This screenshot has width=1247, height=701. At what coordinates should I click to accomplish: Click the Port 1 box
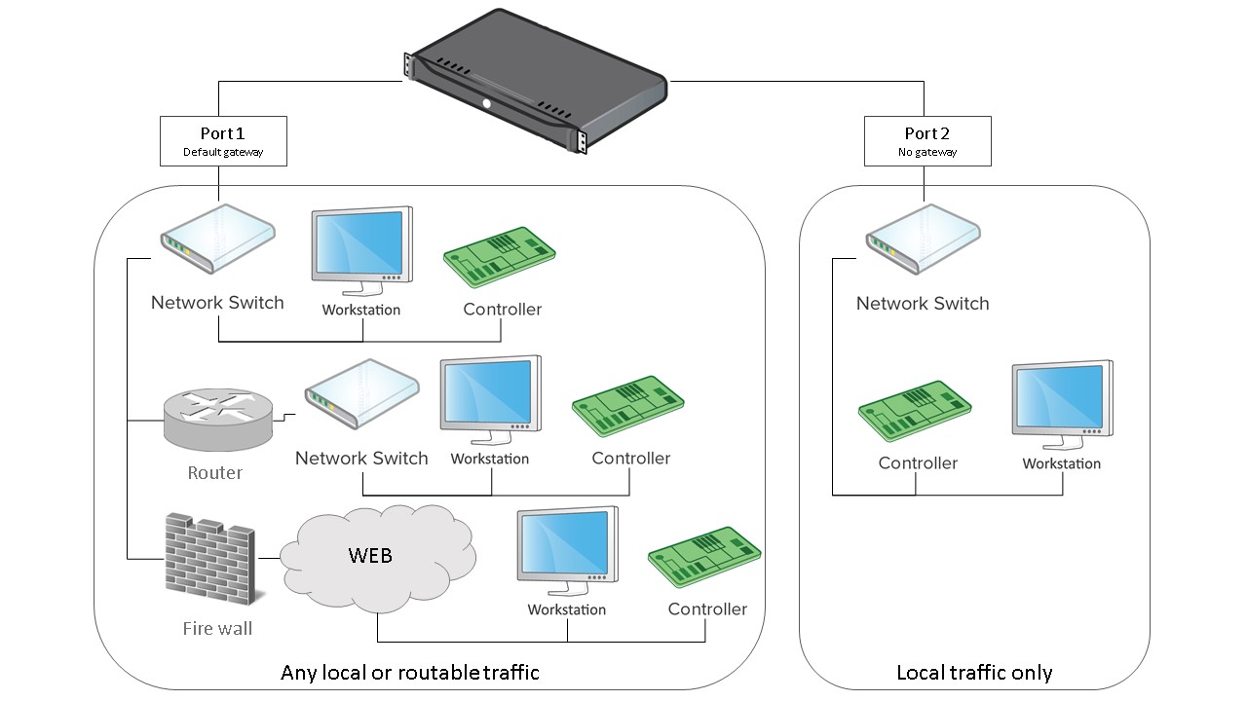223,140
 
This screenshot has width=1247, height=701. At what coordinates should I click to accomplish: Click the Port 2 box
927,140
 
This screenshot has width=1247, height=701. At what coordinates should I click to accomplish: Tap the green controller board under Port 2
915,411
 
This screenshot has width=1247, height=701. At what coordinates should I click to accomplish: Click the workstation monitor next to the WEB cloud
567,549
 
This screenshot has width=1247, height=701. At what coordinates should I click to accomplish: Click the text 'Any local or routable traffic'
409,673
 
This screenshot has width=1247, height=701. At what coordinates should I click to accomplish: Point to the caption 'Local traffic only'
974,673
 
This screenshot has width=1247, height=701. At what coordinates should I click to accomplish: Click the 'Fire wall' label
217,629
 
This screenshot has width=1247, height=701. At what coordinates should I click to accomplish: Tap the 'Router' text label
214,473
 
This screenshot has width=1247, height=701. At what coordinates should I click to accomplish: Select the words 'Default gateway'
223,153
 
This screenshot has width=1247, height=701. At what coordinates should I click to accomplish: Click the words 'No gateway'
927,153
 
